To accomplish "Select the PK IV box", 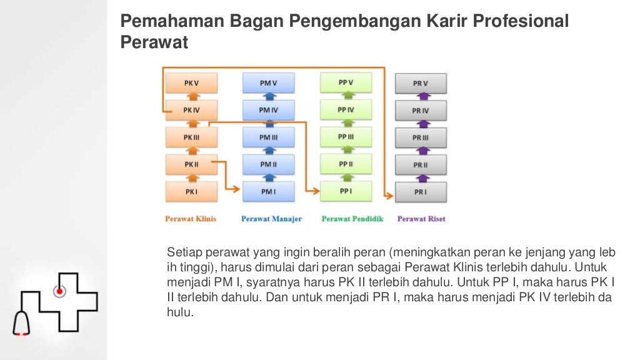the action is coord(191,110).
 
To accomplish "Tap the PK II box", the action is coord(191,164).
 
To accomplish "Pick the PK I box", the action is coord(191,192).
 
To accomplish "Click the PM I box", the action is coord(268,192).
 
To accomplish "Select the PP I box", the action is coord(346,191).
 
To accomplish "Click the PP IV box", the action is coord(346,110).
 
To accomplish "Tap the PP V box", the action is coord(346,82).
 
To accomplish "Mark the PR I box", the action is coord(421,192).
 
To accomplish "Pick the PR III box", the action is coord(421,138).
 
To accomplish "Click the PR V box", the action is coord(421,83).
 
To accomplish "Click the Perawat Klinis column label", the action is coord(191,219).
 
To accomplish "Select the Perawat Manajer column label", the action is coord(271,219).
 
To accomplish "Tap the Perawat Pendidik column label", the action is coord(352,219).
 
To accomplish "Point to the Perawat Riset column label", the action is coord(421,219).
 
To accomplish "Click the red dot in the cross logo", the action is coord(60,291).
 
